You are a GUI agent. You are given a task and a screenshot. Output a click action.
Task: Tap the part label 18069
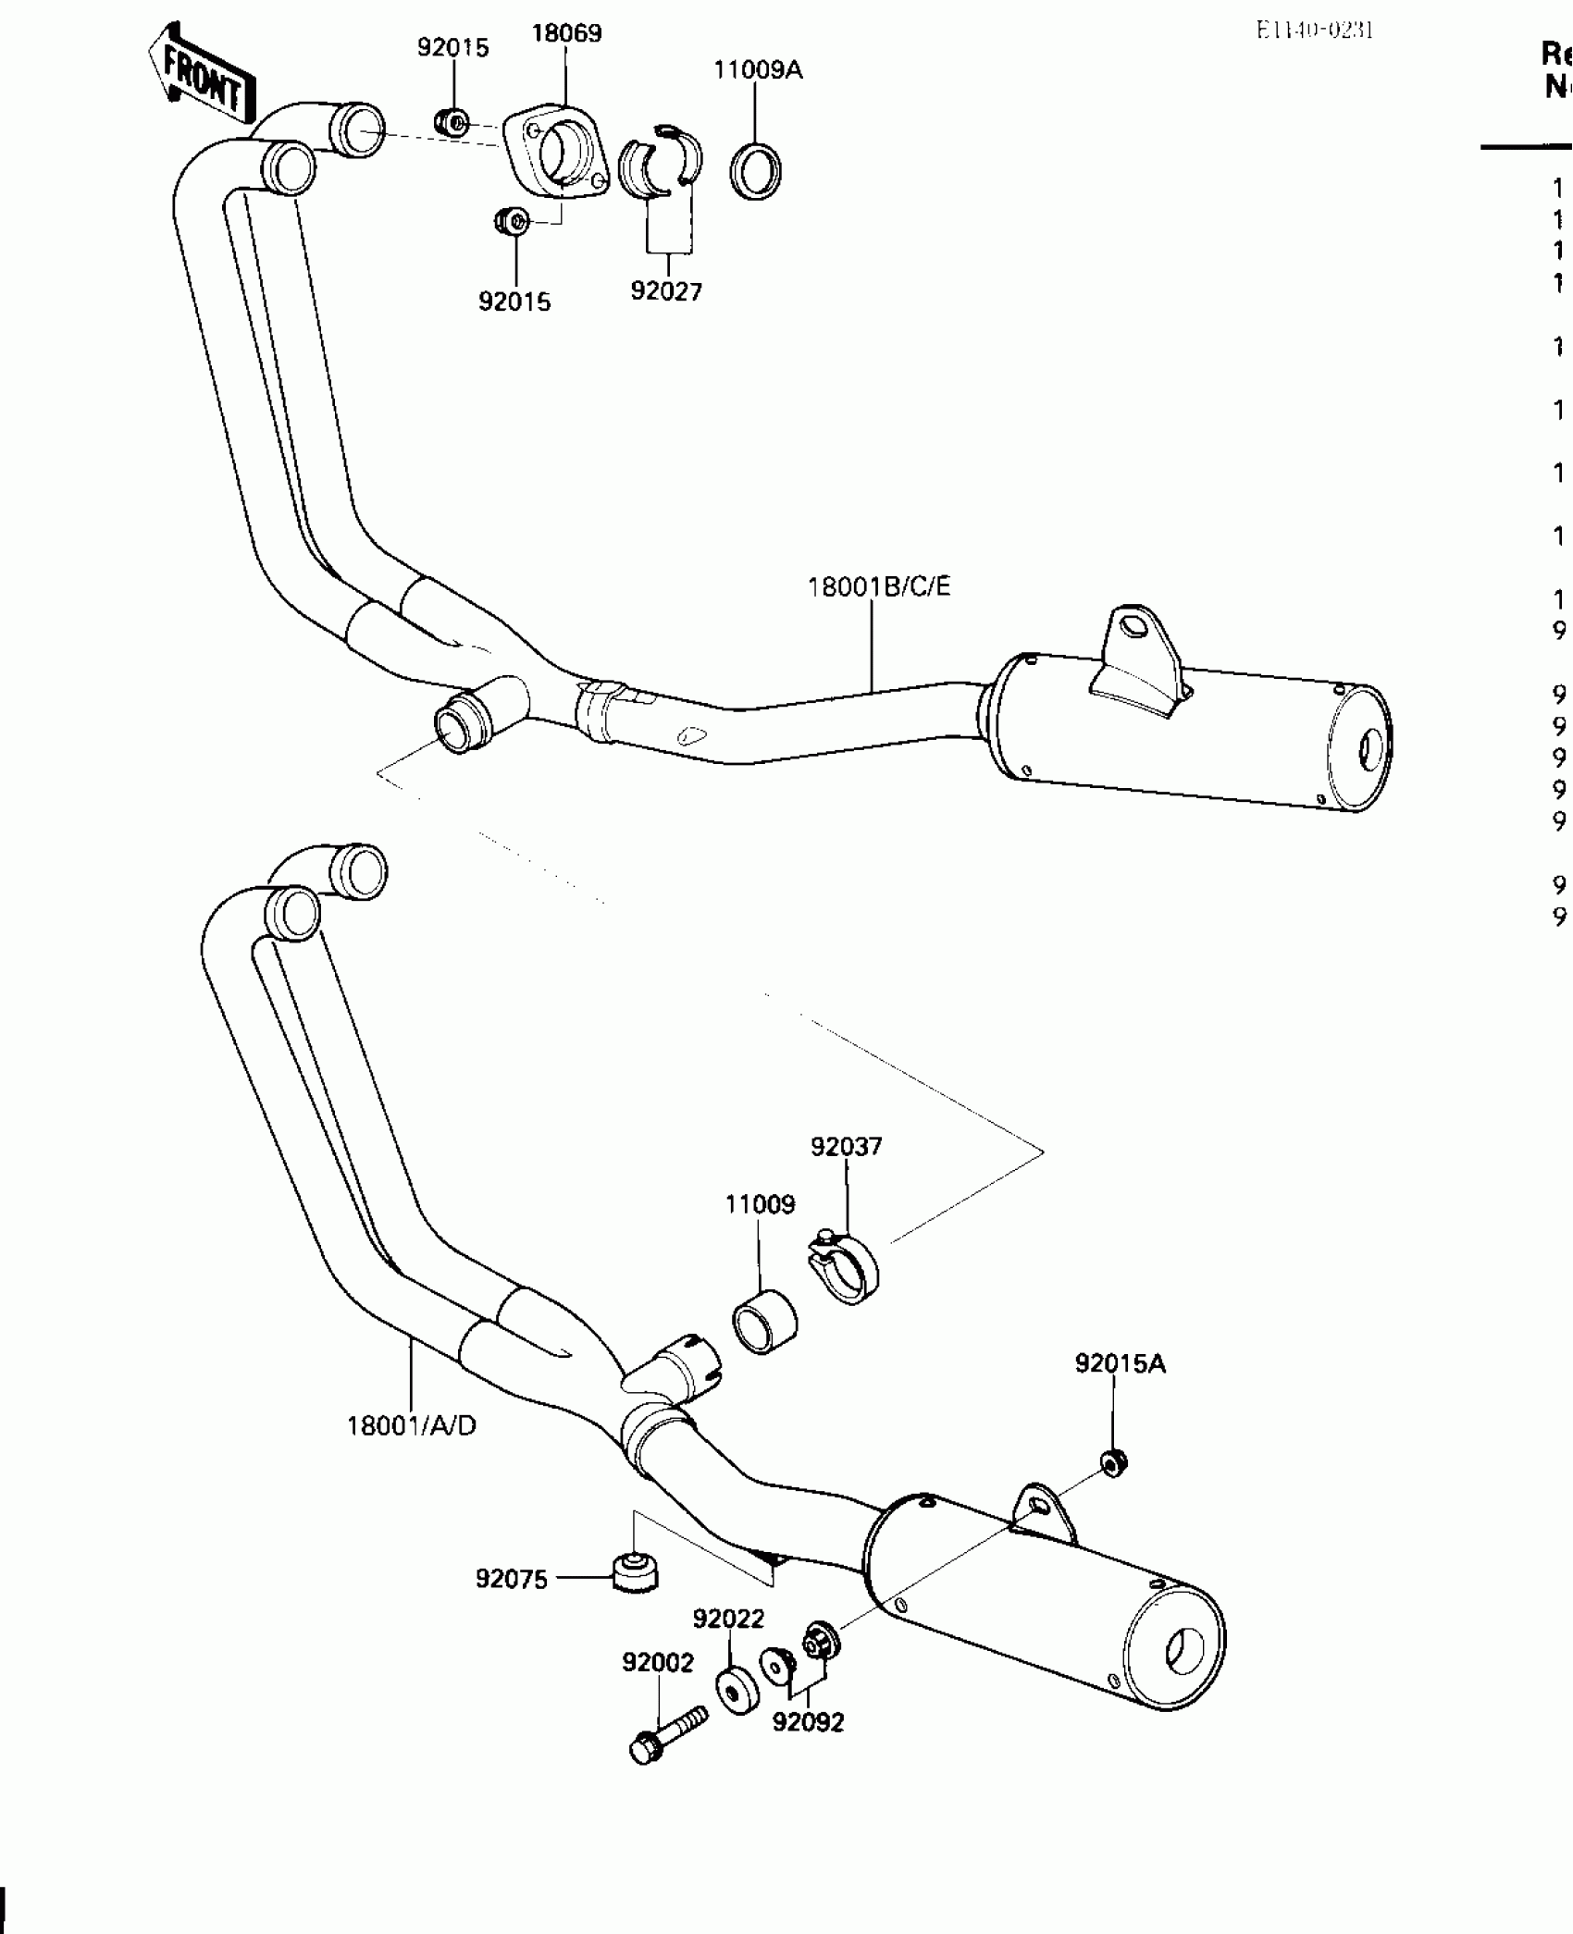(565, 33)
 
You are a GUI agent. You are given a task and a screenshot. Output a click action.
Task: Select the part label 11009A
(758, 69)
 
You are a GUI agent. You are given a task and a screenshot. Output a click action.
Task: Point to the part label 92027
(666, 291)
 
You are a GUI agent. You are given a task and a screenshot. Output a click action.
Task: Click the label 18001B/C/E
(879, 586)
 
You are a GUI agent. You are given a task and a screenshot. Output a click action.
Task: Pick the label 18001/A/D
(411, 1451)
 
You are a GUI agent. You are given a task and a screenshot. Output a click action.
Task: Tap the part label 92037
(847, 1146)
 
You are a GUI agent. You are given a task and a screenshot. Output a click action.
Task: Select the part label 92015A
(1120, 1363)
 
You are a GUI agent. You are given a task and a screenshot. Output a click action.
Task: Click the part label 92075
(512, 1579)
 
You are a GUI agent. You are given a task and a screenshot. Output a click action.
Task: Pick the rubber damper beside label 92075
(636, 1575)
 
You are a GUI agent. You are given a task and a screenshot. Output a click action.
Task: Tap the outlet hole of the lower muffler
(1183, 1651)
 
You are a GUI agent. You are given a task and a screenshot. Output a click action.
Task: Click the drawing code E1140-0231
(1314, 31)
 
